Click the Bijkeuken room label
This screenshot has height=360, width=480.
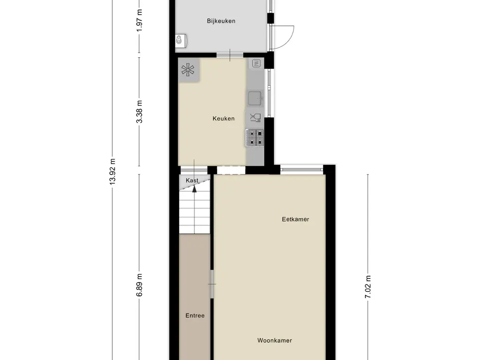pyautogui.click(x=221, y=21)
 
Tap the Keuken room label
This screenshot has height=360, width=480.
pyautogui.click(x=223, y=119)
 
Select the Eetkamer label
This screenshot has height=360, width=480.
pyautogui.click(x=295, y=219)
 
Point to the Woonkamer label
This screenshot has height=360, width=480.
pyautogui.click(x=274, y=340)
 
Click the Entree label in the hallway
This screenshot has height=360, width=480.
pyautogui.click(x=195, y=315)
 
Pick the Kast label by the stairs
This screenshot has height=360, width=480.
pyautogui.click(x=192, y=180)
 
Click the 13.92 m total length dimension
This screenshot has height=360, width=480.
pyautogui.click(x=112, y=172)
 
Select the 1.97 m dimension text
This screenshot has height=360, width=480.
pyautogui.click(x=139, y=20)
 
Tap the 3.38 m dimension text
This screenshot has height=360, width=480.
pyautogui.click(x=139, y=112)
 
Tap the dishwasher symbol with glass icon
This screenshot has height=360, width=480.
pyautogui.click(x=255, y=118)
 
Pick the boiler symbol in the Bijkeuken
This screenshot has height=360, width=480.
pyautogui.click(x=180, y=41)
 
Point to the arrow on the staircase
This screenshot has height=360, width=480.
pyautogui.click(x=194, y=189)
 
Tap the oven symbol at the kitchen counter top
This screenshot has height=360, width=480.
pyautogui.click(x=256, y=63)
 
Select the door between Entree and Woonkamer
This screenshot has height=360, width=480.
pyautogui.click(x=212, y=284)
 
